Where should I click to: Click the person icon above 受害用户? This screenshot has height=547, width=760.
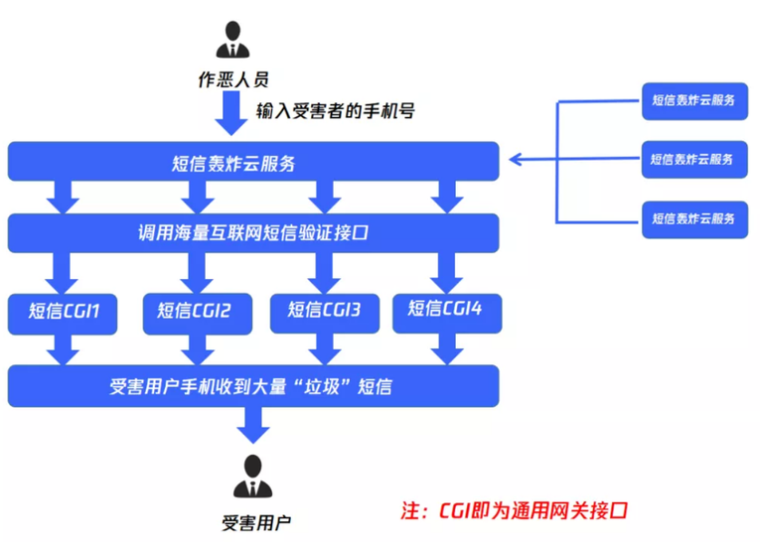click(253, 477)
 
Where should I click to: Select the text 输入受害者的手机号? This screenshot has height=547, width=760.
click(335, 110)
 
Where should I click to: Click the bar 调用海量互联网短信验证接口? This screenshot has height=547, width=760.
click(252, 234)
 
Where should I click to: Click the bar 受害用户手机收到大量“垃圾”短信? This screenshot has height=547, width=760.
click(252, 385)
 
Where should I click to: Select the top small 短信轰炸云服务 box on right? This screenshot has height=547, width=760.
click(693, 100)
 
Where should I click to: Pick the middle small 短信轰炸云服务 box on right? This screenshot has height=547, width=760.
click(693, 159)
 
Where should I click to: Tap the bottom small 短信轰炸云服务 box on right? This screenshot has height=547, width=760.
click(693, 217)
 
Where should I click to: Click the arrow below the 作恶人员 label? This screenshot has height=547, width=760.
click(234, 117)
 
